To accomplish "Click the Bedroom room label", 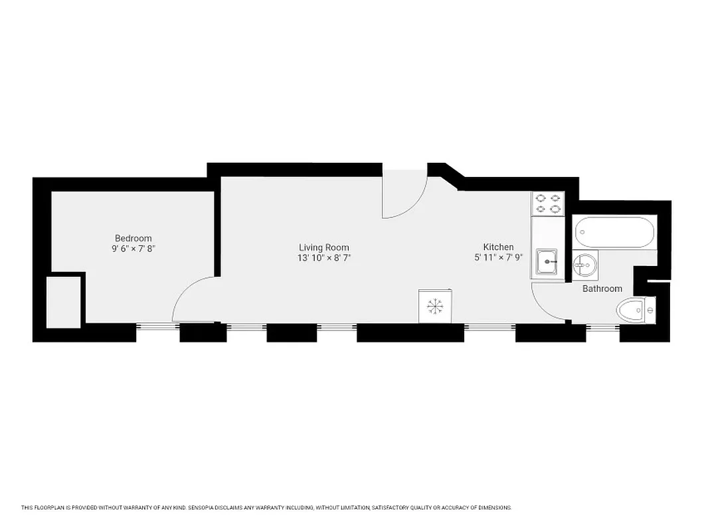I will click(x=133, y=238).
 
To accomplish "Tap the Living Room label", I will click(x=323, y=247).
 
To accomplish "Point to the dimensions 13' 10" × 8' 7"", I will click(x=323, y=257).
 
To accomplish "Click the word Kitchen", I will click(x=498, y=247).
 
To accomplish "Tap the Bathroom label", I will click(x=602, y=289).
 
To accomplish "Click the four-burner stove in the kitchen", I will click(x=548, y=203).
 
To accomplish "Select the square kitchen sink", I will click(x=548, y=261).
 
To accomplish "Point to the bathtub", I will click(x=615, y=232).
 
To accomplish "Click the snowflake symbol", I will click(x=435, y=306).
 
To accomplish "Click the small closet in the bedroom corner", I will click(x=64, y=301).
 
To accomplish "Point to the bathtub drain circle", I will click(x=582, y=233).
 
